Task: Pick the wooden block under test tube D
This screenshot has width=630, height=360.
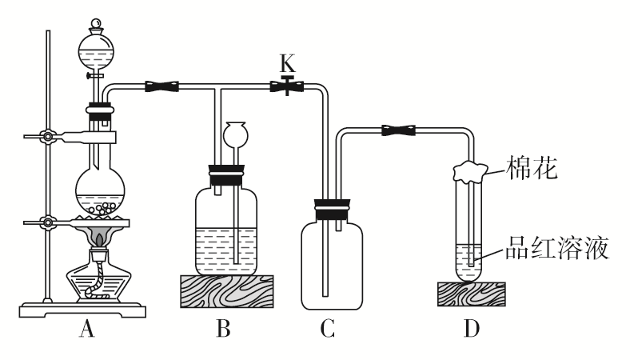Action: (470, 294)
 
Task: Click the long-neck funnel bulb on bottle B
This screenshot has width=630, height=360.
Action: (237, 133)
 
